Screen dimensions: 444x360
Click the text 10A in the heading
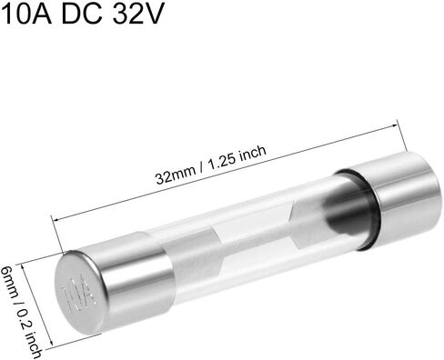(x=28, y=14)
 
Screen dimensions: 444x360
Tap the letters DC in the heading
(x=82, y=14)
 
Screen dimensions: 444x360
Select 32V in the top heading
(x=138, y=14)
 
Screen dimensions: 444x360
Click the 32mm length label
(x=176, y=175)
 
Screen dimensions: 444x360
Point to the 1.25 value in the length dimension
(x=223, y=160)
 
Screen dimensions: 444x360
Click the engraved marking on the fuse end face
(x=77, y=294)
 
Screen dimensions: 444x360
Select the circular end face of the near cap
(x=80, y=292)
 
